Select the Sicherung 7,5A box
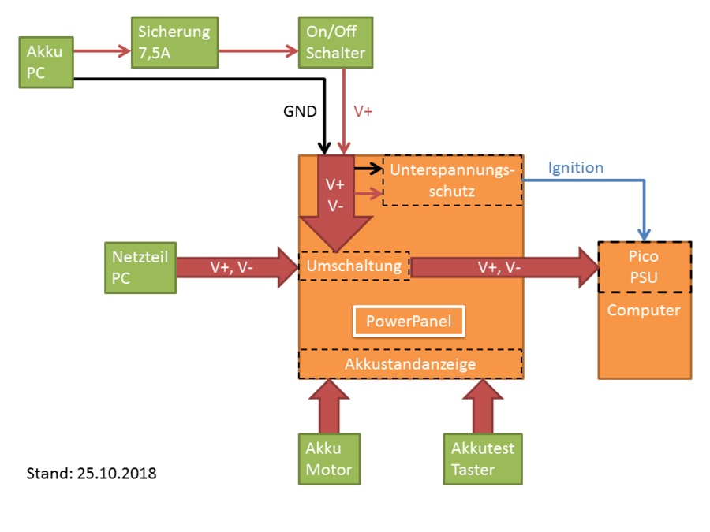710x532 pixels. point(174,43)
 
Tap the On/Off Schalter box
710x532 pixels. point(335,43)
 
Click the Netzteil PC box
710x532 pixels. point(140,268)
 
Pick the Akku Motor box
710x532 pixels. point(329,459)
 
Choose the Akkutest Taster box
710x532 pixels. point(483,459)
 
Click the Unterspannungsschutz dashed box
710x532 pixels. point(453,180)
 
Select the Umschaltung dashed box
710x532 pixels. point(354,266)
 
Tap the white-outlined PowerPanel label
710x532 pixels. point(409,321)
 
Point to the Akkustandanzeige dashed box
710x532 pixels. point(409,363)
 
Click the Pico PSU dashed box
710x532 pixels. point(644,266)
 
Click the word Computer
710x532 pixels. point(643,310)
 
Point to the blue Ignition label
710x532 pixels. point(576,168)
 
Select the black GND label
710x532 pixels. point(300,112)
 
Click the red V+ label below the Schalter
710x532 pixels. point(363,112)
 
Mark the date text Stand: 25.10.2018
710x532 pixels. point(92,474)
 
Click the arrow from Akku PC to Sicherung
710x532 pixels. point(101,52)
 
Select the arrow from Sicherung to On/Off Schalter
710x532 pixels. point(258,52)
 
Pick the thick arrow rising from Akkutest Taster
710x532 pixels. point(483,405)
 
